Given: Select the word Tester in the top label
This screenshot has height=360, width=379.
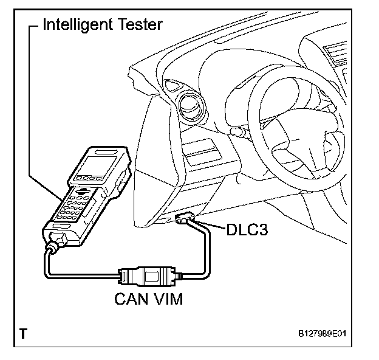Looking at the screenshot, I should [141, 25].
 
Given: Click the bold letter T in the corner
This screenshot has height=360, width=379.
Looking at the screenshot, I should [23, 333].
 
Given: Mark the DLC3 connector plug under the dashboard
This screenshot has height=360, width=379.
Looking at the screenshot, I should [183, 218].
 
